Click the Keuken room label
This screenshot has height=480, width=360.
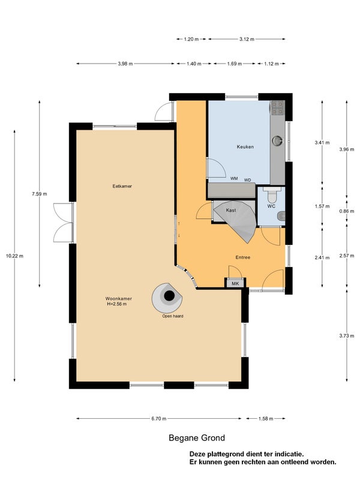[245, 146]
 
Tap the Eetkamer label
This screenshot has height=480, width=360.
[122, 186]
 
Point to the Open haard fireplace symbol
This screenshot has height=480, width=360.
[167, 298]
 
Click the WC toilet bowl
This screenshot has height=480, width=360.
[271, 193]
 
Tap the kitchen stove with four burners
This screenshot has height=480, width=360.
[277, 108]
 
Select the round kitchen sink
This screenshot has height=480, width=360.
[277, 141]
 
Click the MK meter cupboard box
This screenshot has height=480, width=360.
[235, 283]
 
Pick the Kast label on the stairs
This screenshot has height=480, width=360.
[231, 211]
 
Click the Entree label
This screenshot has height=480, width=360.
[243, 257]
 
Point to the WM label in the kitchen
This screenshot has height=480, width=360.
[234, 178]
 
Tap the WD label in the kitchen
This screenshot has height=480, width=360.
[247, 180]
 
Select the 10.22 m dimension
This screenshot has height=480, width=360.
[14, 256]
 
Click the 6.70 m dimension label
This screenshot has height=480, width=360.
[158, 418]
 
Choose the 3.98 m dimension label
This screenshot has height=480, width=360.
[125, 64]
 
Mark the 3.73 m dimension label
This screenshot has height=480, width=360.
[347, 335]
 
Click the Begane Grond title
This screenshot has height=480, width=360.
[197, 438]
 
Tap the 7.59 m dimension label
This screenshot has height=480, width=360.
[40, 194]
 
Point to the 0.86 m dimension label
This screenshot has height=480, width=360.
[347, 211]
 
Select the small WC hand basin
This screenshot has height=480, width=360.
[281, 217]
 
